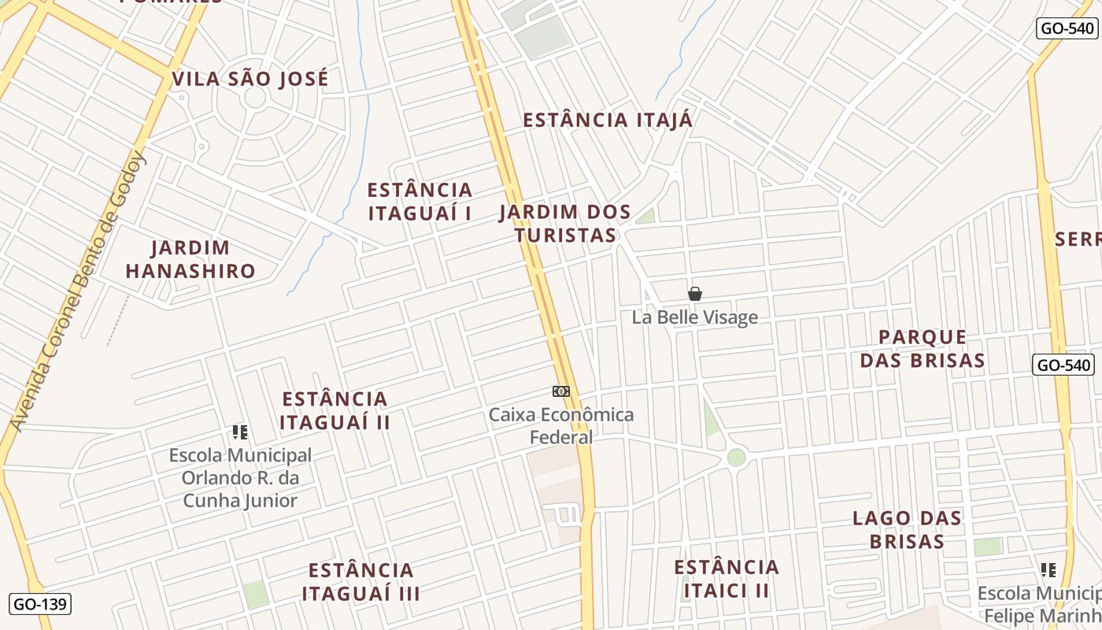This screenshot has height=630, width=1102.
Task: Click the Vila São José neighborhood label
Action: coord(250,79)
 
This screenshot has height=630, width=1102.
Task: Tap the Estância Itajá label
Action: coord(608,120)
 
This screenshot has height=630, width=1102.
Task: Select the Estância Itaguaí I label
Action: coord(420,202)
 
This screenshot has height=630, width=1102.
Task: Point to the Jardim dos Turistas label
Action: coord(565,224)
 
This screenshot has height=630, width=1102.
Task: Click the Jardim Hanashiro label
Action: coord(190,259)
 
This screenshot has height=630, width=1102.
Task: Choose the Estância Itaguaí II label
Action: coord(335,410)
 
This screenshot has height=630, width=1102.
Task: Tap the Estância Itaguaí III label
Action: coord(361,581)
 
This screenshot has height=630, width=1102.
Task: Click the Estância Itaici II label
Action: coord(727,579)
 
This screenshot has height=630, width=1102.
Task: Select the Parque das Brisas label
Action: coord(922,348)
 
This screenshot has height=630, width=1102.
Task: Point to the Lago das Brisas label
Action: coord(908,529)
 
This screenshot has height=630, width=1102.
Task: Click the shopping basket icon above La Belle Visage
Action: coord(694,294)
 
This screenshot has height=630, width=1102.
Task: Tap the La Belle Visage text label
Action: coord(695,317)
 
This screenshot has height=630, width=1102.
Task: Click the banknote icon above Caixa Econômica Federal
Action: coord(560,391)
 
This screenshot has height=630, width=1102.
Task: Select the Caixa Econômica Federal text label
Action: coord(561,425)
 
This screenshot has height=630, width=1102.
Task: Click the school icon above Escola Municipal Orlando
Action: coord(240,432)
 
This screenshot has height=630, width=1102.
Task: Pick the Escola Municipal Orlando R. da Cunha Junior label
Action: coord(240,478)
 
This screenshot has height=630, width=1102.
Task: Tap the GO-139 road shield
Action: coord(41,604)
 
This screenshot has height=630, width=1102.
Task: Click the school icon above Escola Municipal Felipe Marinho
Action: coord(1048,569)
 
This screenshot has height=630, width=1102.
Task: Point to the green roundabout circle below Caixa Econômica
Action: coord(736,457)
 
